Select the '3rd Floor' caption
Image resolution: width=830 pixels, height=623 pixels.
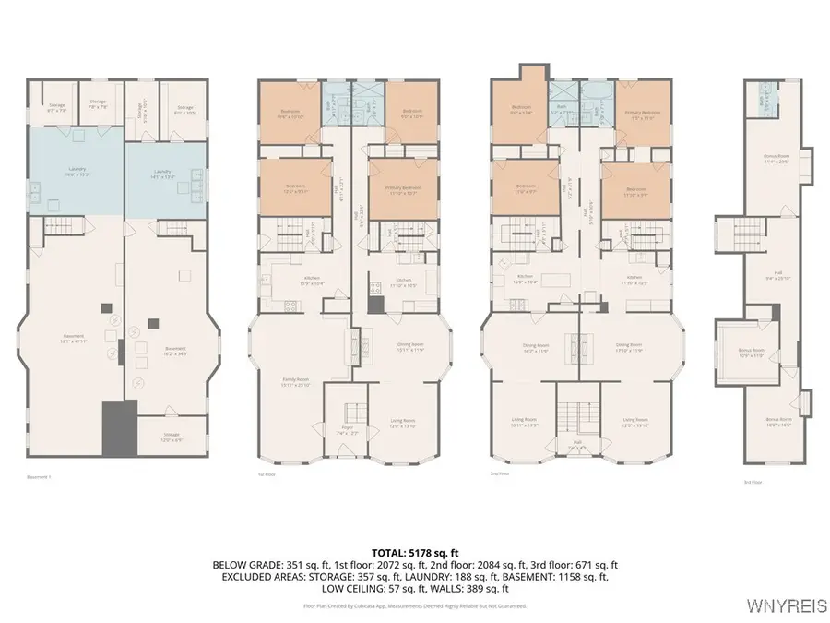tap(753, 482)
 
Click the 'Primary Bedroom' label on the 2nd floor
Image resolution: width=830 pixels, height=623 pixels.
tap(642, 115)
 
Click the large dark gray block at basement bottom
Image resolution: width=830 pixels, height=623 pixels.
tap(118, 428)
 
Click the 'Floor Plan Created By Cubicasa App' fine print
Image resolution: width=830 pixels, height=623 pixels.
tap(414, 605)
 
